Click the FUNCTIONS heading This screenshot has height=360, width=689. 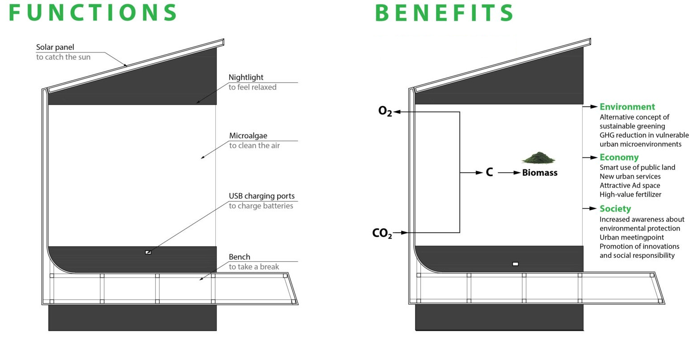pyautogui.click(x=93, y=13)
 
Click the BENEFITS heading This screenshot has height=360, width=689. pyautogui.click(x=444, y=13)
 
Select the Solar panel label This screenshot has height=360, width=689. pyautogui.click(x=55, y=47)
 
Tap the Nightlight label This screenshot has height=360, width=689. pyautogui.click(x=246, y=77)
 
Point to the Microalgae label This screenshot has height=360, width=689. pyautogui.click(x=248, y=135)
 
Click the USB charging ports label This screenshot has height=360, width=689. pyautogui.click(x=262, y=196)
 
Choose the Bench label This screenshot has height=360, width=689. pyautogui.click(x=240, y=257)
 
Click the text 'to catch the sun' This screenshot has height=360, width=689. pyautogui.click(x=63, y=57)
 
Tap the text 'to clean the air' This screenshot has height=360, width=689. pyautogui.click(x=254, y=145)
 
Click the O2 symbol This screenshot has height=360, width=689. pyautogui.click(x=385, y=111)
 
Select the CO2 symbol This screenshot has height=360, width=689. pyautogui.click(x=382, y=234)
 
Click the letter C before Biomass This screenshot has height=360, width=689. pyautogui.click(x=489, y=173)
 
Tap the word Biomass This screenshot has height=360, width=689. pyautogui.click(x=540, y=173)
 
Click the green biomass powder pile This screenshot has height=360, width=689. pyautogui.click(x=538, y=158)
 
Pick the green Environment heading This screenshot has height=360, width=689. pyautogui.click(x=627, y=107)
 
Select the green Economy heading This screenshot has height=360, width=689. pyautogui.click(x=619, y=157)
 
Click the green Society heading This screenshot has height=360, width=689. pyautogui.click(x=615, y=208)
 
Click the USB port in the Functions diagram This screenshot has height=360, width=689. pyautogui.click(x=148, y=252)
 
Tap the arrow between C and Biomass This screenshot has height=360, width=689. pyautogui.click(x=509, y=173)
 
